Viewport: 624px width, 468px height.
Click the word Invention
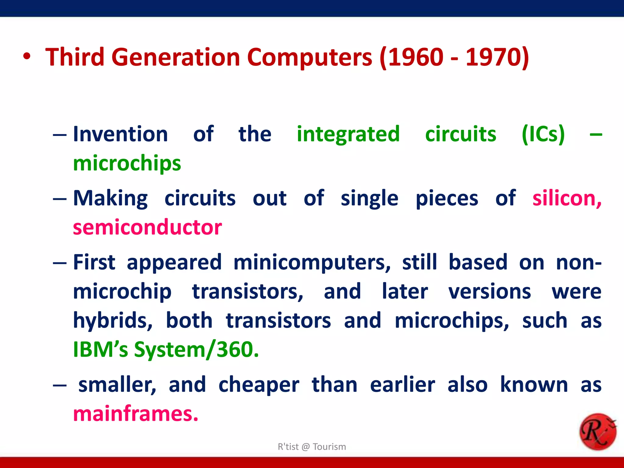[x=120, y=134]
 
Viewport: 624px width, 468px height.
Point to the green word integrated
[x=348, y=134]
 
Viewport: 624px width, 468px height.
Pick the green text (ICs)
[x=543, y=134]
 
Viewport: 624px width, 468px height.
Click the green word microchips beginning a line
[x=127, y=164]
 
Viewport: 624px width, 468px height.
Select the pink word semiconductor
[x=147, y=227]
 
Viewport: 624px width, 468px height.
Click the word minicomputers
[x=312, y=262]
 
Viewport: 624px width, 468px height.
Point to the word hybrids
[x=113, y=321]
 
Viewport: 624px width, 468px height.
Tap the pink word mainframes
[x=136, y=414]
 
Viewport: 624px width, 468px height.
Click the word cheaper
[x=259, y=385]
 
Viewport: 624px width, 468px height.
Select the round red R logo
[x=597, y=431]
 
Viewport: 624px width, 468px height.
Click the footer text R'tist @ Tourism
[x=312, y=447]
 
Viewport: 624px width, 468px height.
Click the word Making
[x=110, y=198]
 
